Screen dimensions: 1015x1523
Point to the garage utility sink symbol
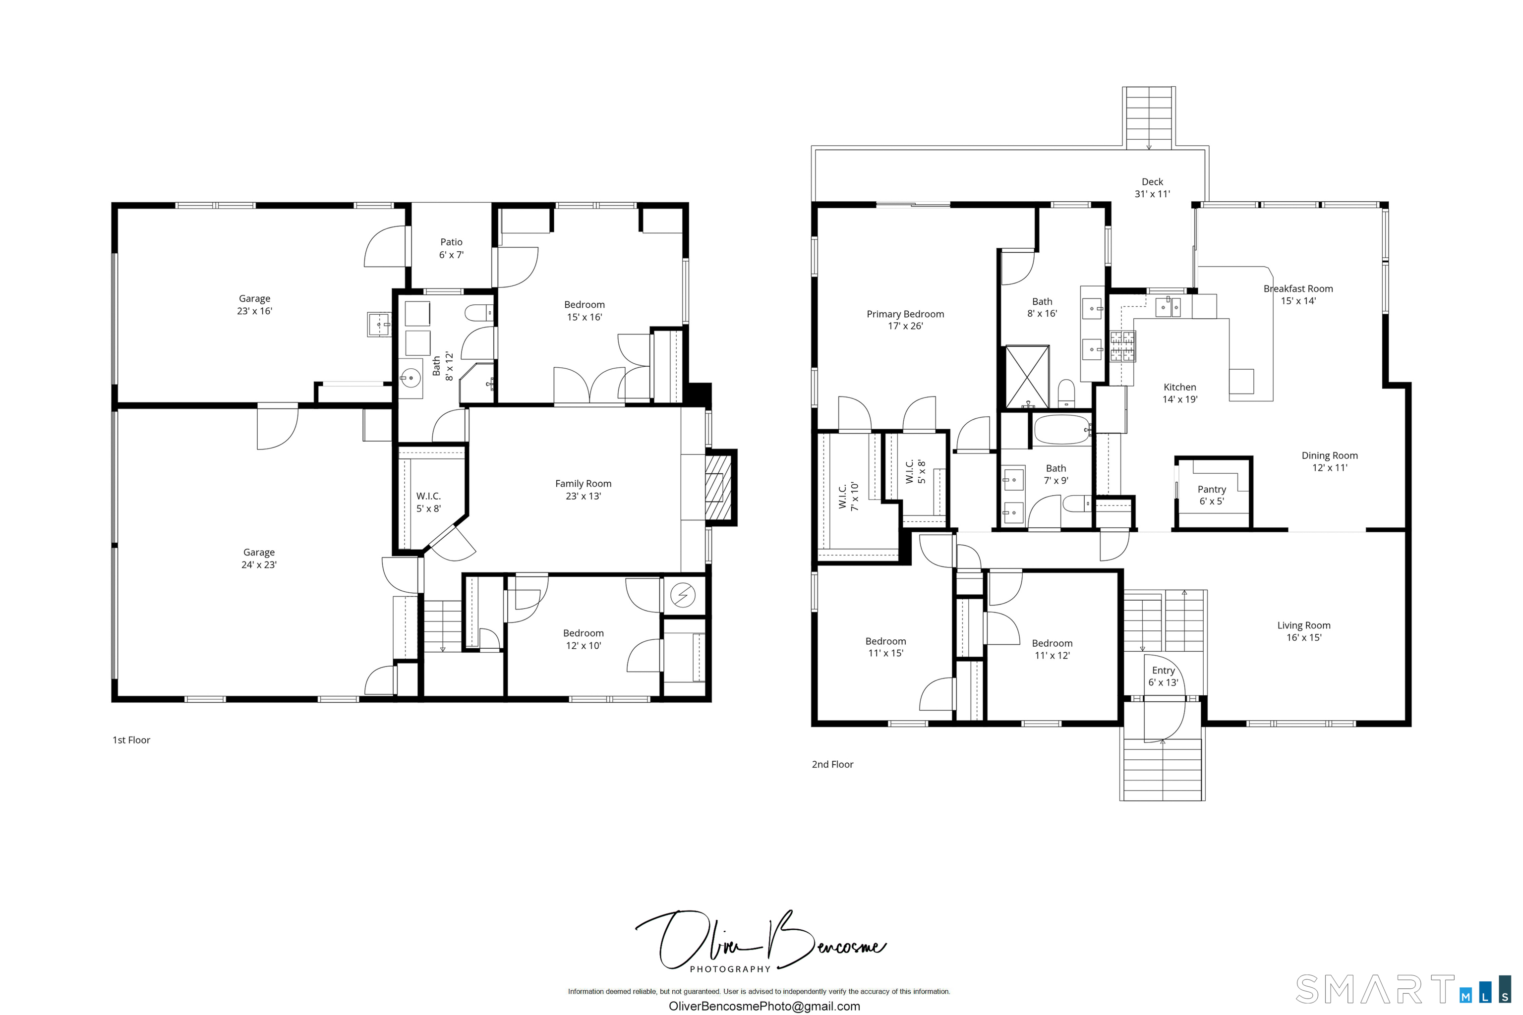[x=379, y=324]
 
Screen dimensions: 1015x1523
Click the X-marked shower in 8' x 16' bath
[x=1027, y=377]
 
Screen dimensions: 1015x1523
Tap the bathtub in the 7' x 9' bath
[x=1062, y=430]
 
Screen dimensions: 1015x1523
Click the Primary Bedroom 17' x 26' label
[x=905, y=320]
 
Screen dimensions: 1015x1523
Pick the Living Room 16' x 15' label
[x=1303, y=631]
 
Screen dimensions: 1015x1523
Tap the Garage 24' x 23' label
[x=259, y=558]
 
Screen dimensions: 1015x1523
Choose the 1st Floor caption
[x=131, y=740]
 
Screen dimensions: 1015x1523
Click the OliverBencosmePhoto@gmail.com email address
[x=764, y=1007]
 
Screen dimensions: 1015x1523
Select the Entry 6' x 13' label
[x=1163, y=677]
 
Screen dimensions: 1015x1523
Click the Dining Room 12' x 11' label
[x=1329, y=461]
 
